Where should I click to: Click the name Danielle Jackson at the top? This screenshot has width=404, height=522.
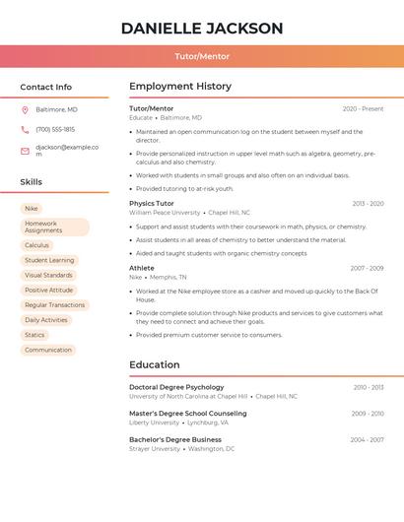point(202,29)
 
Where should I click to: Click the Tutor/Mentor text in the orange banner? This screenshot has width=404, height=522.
point(202,57)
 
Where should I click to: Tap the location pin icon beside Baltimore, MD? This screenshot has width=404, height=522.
point(25,109)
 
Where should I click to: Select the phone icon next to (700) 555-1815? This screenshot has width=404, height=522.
point(25,129)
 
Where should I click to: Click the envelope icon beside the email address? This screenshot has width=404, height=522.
point(25,151)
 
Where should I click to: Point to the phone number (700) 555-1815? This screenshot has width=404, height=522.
point(55,129)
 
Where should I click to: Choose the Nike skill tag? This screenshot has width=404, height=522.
point(32,209)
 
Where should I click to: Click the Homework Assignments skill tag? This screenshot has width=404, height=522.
point(54,227)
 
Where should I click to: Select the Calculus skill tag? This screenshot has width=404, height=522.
point(36,245)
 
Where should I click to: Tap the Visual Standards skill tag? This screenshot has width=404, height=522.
point(48,276)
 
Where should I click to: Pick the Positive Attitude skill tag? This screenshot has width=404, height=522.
point(49,291)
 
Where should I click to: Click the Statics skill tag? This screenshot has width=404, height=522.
point(34,335)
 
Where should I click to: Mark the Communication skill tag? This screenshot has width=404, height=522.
point(48,350)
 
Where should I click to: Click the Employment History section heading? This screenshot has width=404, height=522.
point(180,87)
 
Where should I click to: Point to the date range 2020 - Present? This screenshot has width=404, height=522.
point(363,108)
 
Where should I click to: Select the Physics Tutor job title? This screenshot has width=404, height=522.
point(152,203)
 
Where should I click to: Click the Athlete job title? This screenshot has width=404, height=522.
point(142,268)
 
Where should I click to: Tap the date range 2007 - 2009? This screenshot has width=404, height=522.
point(367,268)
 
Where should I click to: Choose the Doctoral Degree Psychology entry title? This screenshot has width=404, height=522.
point(176,387)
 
